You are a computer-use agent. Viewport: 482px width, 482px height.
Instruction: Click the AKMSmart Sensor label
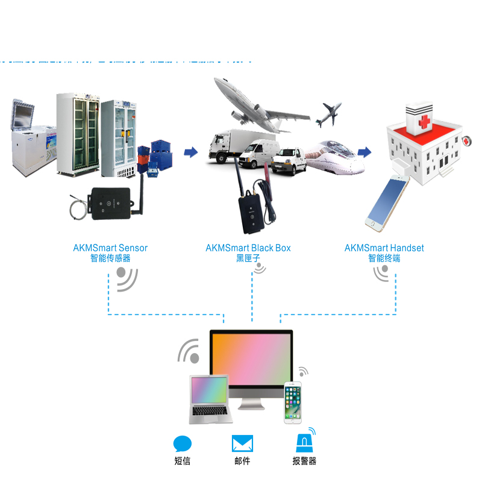(110, 248)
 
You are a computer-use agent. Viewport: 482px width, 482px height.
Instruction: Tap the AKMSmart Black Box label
(248, 248)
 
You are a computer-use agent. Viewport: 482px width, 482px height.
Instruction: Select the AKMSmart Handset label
(384, 248)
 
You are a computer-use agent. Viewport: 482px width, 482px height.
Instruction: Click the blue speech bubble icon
(183, 444)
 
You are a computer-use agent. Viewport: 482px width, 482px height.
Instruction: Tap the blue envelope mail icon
(242, 444)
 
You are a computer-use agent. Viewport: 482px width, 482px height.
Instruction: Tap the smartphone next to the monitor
(293, 402)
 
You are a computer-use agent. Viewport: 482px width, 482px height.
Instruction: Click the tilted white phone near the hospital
(384, 202)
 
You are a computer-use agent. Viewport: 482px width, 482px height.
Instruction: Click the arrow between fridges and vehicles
(191, 152)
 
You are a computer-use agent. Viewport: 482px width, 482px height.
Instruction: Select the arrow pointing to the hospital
(364, 151)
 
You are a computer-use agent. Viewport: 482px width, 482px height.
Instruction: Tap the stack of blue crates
(157, 158)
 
